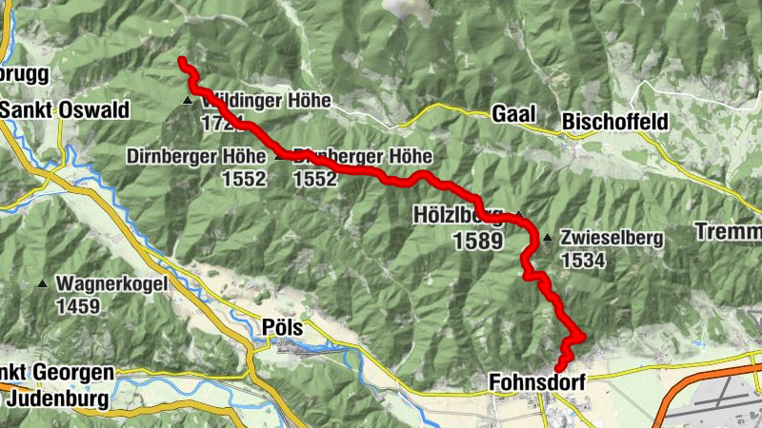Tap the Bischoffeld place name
point(615,122)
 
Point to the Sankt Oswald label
point(65,110)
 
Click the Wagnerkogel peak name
point(112,283)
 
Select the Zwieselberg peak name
point(612,239)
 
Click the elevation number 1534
point(583,260)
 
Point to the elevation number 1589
point(477,242)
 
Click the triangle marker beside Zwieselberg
point(548,238)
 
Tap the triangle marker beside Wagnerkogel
point(43,283)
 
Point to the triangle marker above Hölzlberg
point(519,212)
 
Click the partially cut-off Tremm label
point(729,231)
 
